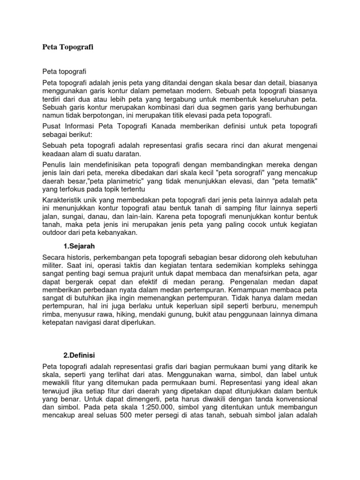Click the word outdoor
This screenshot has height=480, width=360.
[54, 233]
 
